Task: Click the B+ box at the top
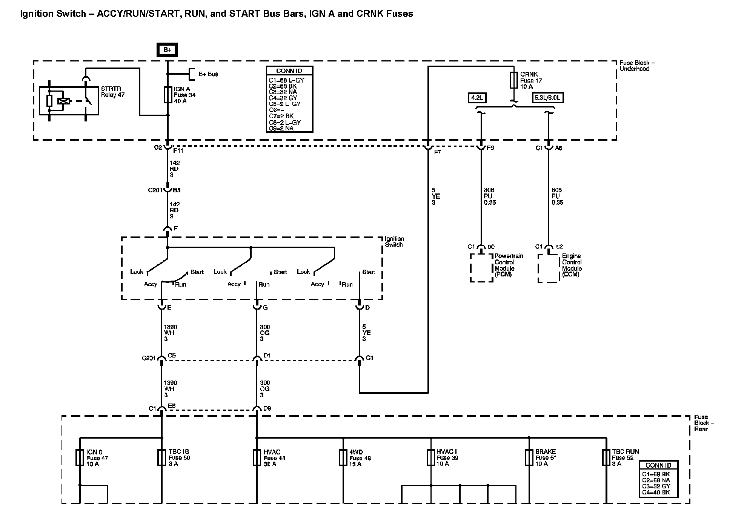[168, 50]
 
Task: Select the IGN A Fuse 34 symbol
[168, 95]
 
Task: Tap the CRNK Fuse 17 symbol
[513, 80]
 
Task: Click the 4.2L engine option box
[477, 98]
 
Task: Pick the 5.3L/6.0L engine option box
[548, 98]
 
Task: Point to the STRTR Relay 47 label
[112, 92]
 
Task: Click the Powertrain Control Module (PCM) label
[509, 265]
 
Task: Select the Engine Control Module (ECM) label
[572, 265]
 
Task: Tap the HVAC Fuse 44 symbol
[257, 457]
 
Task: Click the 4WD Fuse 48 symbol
[343, 457]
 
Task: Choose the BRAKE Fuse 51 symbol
[529, 457]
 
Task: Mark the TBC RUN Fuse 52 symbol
[606, 457]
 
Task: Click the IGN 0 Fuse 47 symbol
[80, 457]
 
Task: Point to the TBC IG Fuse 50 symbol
[162, 457]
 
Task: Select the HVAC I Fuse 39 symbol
[431, 457]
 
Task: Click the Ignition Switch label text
[394, 242]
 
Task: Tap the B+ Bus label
[208, 74]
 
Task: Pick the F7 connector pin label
[438, 152]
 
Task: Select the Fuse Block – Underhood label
[637, 66]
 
